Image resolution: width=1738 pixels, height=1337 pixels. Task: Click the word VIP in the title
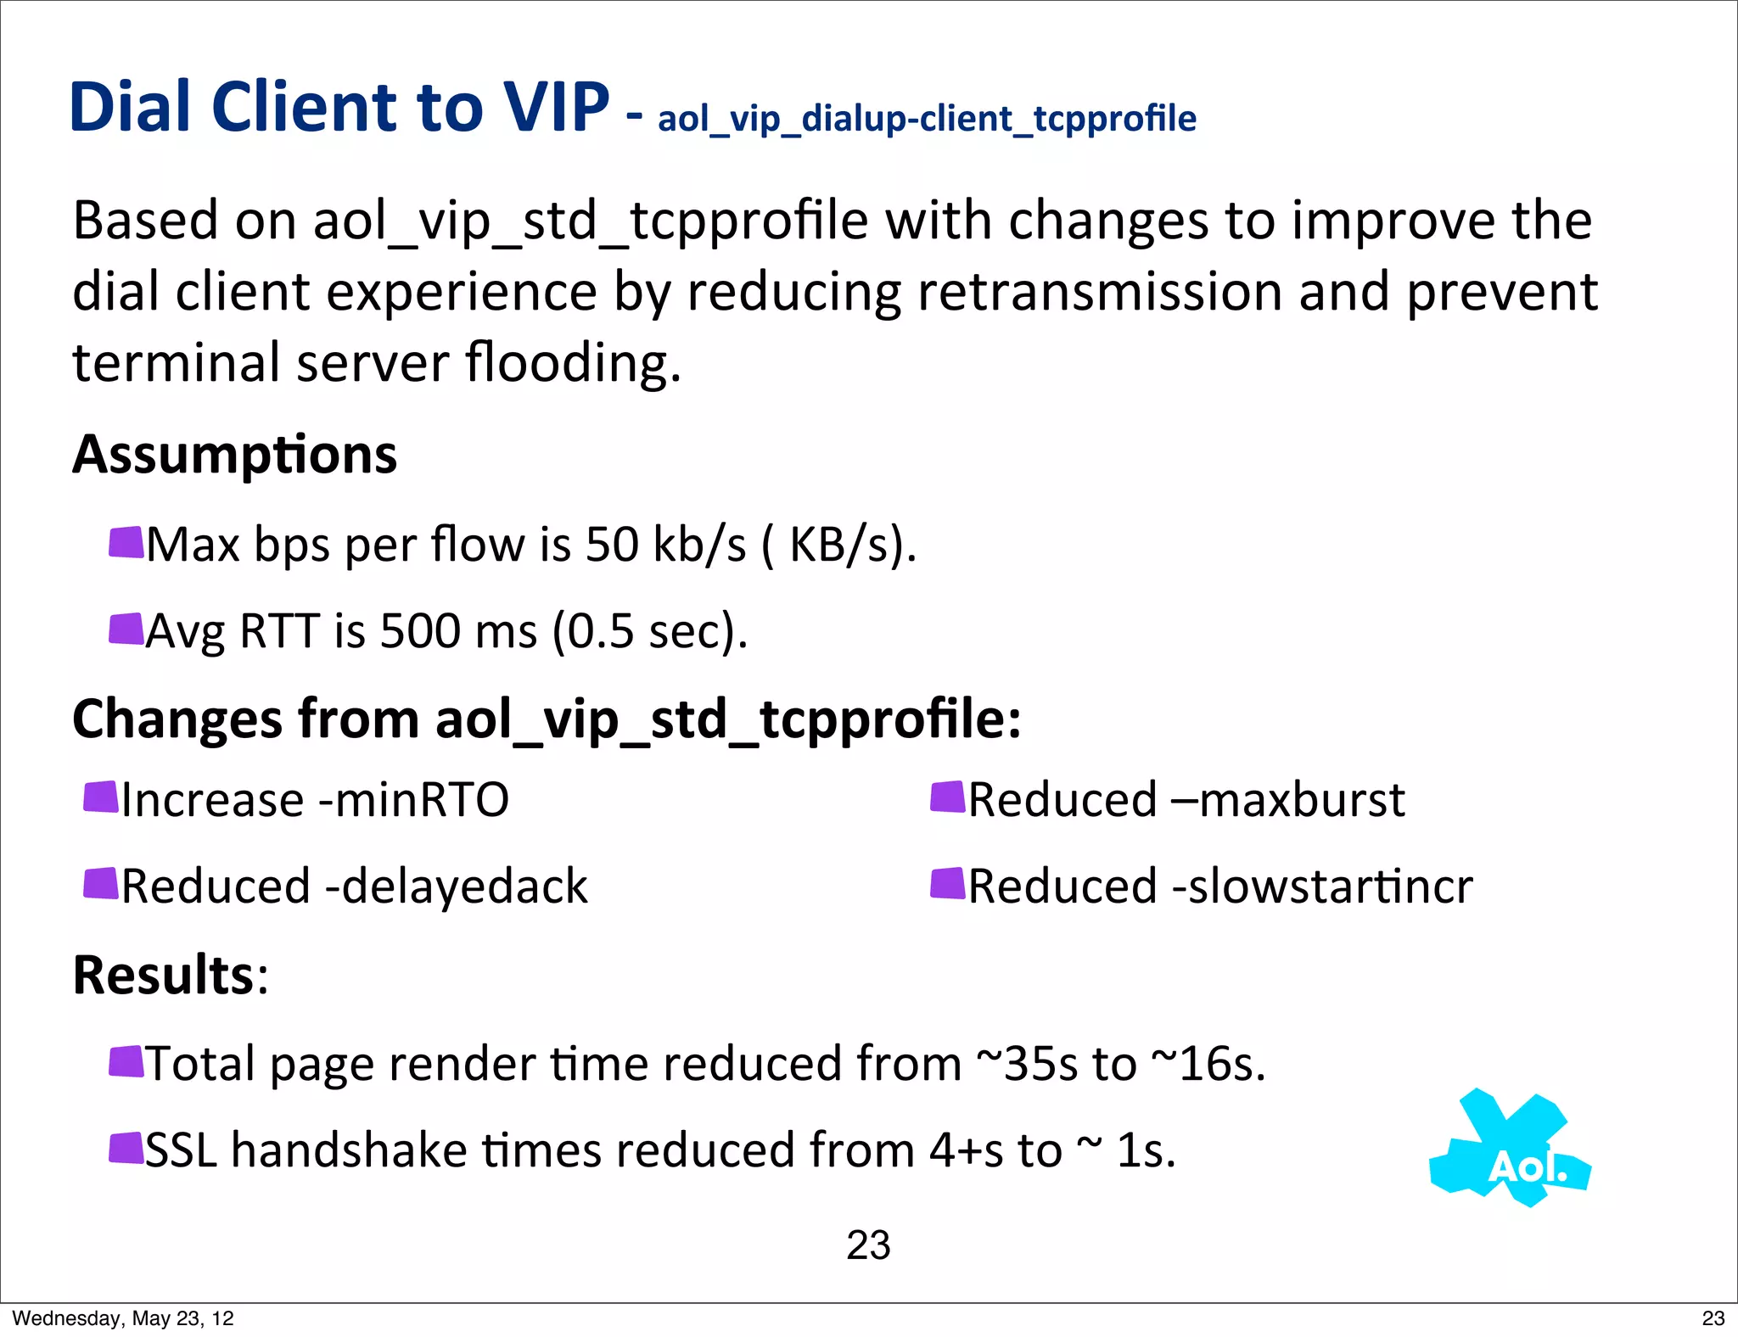[x=555, y=107]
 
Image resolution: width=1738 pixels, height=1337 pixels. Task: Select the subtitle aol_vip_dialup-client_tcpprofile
[x=927, y=119]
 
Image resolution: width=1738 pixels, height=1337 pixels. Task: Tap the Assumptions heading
[x=234, y=455]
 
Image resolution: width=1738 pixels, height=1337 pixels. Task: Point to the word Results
[x=164, y=975]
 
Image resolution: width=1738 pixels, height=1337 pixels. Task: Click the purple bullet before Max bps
[x=126, y=543]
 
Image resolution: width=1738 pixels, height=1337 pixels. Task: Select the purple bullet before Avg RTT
[x=126, y=629]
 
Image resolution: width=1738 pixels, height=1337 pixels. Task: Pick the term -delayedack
[x=457, y=887]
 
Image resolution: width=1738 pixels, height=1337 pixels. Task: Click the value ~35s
[x=1027, y=1064]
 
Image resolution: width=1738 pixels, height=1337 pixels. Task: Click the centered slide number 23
[x=868, y=1245]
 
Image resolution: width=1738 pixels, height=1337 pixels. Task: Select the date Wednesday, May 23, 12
[x=123, y=1318]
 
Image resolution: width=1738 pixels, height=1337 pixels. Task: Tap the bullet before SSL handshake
[x=126, y=1149]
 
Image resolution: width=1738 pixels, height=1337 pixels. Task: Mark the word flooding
[x=573, y=363]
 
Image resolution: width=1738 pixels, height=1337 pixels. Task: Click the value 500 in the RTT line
[x=415, y=631]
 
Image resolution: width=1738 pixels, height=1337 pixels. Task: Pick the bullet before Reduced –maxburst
[x=948, y=797]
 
